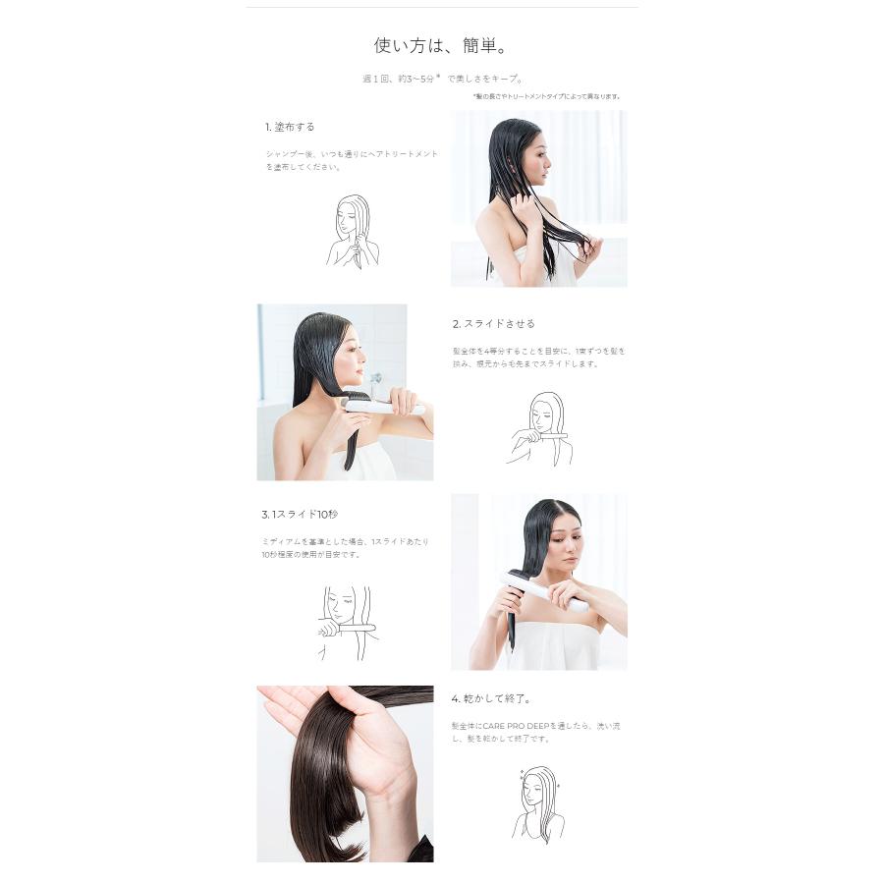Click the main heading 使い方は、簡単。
441,45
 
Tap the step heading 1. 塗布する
290,127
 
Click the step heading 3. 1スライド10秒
300,514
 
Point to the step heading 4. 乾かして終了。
491,698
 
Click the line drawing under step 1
352,232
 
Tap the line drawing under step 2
539,429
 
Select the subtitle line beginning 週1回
441,79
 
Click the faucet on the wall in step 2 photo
375,381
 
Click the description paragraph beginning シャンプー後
352,160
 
